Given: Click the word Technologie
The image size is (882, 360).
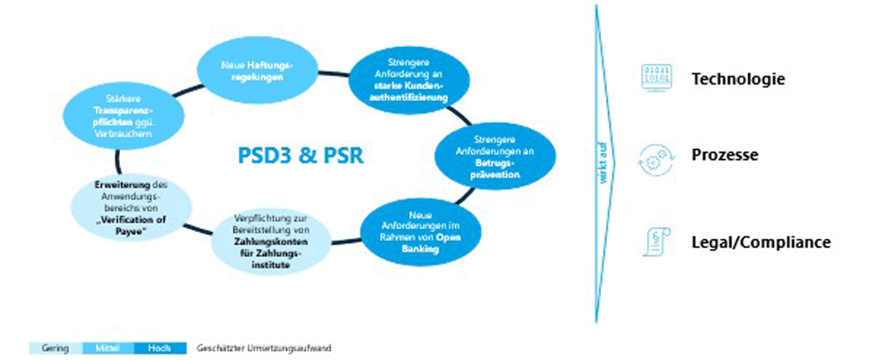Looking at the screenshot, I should point(738,79).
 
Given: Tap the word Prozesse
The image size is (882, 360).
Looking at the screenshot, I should point(725,156).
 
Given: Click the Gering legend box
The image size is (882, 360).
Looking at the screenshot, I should point(57,348).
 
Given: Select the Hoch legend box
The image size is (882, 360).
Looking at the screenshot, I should point(160,348).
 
